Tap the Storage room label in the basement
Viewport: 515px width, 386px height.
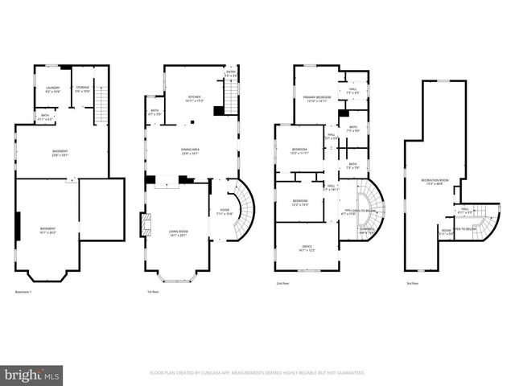point(81,89)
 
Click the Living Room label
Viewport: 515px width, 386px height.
point(177,234)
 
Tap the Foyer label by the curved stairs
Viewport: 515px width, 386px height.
point(225,212)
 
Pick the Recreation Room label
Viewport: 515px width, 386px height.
point(435,181)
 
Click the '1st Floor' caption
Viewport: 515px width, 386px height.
point(154,291)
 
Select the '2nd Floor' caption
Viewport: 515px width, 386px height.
point(282,284)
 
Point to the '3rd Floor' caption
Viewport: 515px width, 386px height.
point(413,284)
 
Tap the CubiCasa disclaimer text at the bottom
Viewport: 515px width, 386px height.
point(257,373)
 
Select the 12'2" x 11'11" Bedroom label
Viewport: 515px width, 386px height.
point(299,152)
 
